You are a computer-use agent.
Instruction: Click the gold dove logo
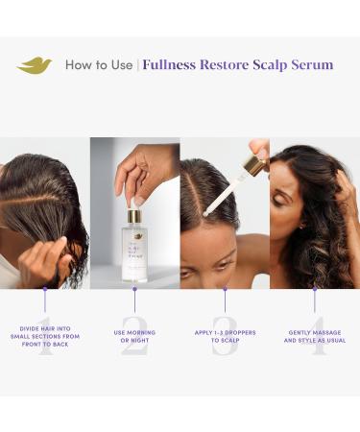[35, 65]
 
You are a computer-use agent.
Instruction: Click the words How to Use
[99, 65]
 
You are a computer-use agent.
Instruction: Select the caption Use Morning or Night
[134, 337]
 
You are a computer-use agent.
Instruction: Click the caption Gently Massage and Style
[314, 337]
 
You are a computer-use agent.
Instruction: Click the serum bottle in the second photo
[136, 246]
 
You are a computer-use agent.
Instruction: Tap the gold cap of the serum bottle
[135, 212]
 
